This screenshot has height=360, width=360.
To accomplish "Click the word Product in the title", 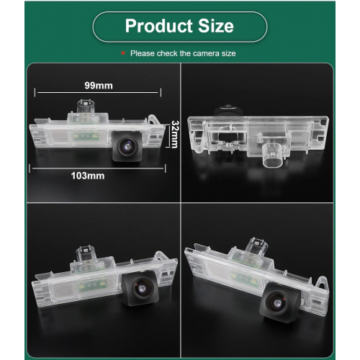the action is click(159, 26).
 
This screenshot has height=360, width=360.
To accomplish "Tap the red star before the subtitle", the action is click(123, 53).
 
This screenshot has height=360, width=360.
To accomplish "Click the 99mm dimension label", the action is click(99, 86).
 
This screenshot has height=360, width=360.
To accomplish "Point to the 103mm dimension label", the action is click(88, 176).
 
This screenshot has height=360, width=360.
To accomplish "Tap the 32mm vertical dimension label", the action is click(175, 135).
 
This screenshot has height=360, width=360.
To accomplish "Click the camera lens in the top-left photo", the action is click(127, 145).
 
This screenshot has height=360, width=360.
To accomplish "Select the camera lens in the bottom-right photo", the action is click(277, 302).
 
